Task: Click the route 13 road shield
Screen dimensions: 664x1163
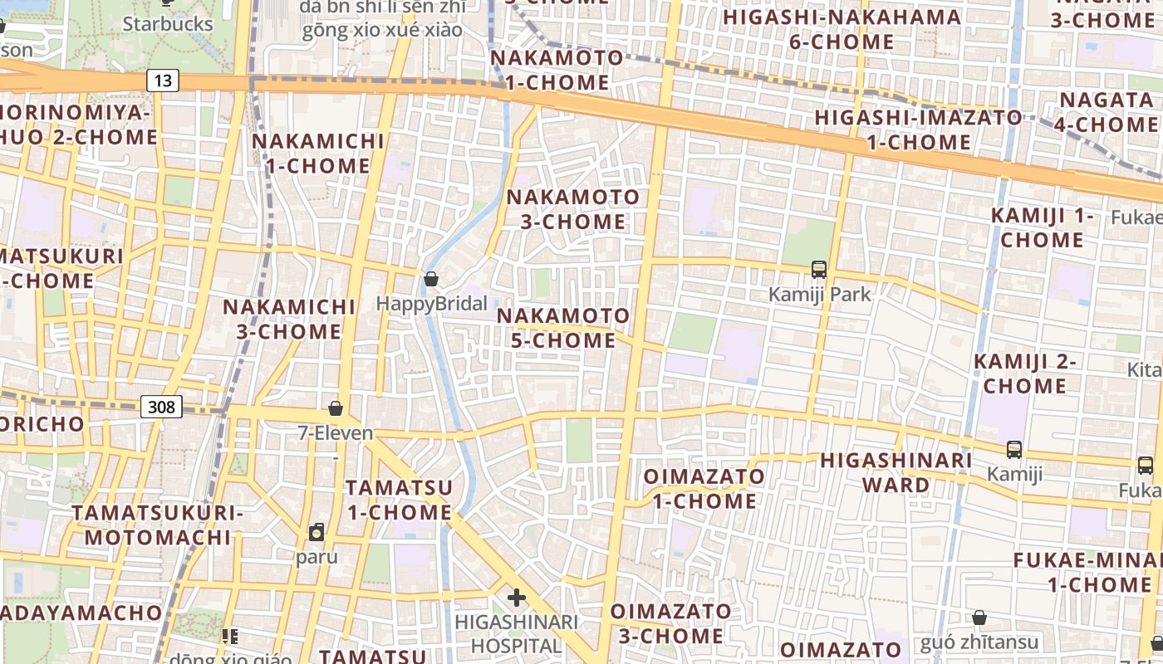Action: click(163, 81)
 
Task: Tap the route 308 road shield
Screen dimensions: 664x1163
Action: click(162, 407)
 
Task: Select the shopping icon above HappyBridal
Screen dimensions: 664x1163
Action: click(431, 279)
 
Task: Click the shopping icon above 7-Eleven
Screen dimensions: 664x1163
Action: click(336, 408)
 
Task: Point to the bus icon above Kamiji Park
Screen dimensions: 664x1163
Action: click(819, 269)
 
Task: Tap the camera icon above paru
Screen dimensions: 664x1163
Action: click(317, 532)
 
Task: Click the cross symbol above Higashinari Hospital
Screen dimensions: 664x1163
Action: click(517, 597)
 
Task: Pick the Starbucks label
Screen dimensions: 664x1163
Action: click(168, 23)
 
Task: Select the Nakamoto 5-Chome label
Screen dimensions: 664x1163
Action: click(563, 328)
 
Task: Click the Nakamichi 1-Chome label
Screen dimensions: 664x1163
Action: click(318, 153)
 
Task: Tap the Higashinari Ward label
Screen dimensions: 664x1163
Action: click(896, 472)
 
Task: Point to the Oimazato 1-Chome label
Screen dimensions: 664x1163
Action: click(704, 488)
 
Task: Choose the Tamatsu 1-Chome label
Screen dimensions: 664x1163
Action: click(400, 500)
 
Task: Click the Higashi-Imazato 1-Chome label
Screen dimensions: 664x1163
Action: click(918, 129)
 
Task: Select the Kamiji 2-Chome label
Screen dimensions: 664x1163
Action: click(1025, 373)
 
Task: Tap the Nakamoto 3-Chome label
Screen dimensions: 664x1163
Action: click(573, 209)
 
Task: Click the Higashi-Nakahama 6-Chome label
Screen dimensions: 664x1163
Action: click(842, 29)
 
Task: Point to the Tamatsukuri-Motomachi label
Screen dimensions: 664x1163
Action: click(158, 525)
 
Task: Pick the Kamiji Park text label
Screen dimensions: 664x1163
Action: click(820, 294)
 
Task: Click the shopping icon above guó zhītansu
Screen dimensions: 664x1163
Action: click(979, 618)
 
